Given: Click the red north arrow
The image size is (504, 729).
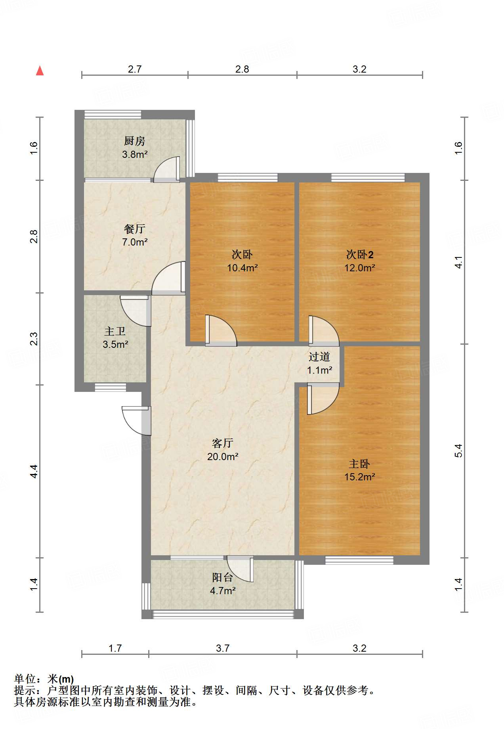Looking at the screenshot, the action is click(x=40, y=71).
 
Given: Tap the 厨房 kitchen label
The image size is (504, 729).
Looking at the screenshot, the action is click(x=135, y=141).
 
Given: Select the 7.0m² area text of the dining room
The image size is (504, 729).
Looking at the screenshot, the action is click(x=135, y=242).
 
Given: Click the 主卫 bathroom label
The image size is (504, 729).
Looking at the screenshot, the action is click(x=115, y=331).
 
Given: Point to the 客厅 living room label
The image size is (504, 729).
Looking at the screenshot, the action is click(x=223, y=443).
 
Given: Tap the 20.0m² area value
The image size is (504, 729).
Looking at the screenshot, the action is click(x=223, y=457).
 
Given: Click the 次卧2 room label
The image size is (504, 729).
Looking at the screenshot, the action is click(x=360, y=254).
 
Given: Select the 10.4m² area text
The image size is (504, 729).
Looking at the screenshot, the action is click(x=242, y=268).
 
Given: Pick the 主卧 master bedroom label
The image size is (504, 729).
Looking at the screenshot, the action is click(x=359, y=464).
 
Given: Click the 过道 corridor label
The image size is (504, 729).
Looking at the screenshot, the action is click(x=319, y=357).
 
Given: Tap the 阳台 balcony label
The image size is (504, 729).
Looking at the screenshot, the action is click(x=223, y=577).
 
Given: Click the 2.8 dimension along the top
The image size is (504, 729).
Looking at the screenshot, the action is click(x=242, y=69).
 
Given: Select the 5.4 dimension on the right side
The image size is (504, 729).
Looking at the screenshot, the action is click(x=458, y=451).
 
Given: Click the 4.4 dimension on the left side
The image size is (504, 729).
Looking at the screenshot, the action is click(x=34, y=471).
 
